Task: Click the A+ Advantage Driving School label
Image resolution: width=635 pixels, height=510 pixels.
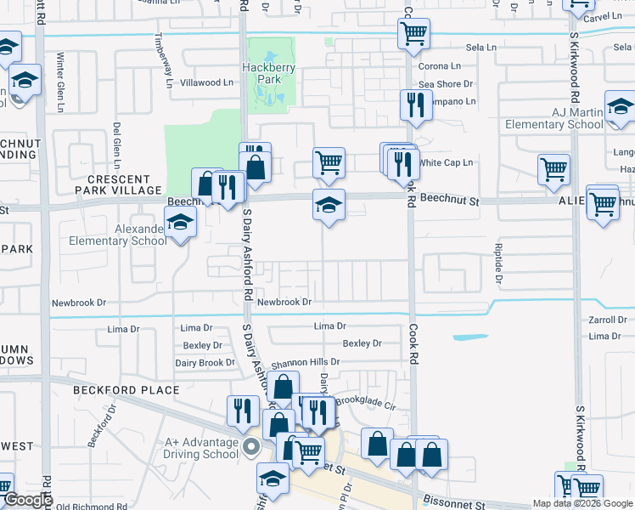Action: click(x=202, y=447)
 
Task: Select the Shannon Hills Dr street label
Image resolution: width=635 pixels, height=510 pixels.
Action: click(x=306, y=361)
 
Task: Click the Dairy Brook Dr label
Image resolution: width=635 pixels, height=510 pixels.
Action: click(x=205, y=363)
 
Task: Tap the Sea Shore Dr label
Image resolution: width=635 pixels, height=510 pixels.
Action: click(x=446, y=84)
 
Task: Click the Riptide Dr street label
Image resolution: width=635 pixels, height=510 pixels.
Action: click(x=498, y=263)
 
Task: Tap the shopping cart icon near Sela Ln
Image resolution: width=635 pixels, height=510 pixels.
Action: click(x=413, y=34)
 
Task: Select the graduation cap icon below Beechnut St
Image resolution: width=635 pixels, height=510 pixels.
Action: click(x=329, y=205)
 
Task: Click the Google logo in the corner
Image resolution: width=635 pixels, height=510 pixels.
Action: click(x=27, y=501)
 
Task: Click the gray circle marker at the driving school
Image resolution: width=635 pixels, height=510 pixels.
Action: click(x=250, y=446)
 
